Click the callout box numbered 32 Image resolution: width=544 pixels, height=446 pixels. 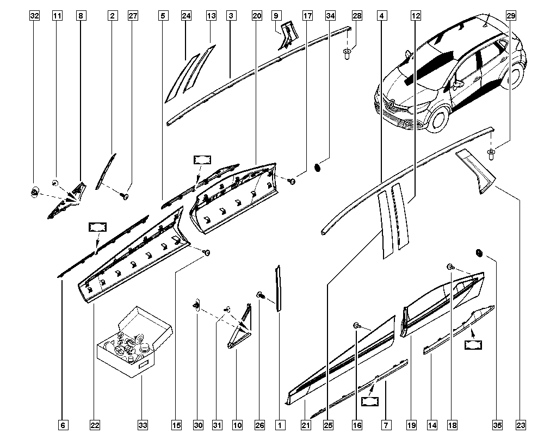(35, 16)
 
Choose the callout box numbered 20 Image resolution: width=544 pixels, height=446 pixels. (257, 16)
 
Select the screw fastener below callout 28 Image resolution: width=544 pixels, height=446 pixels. (346, 53)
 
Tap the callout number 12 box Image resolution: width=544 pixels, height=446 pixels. (415, 16)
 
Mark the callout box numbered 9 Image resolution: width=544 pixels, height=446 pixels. (276, 16)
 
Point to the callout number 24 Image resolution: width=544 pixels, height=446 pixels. (187, 16)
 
